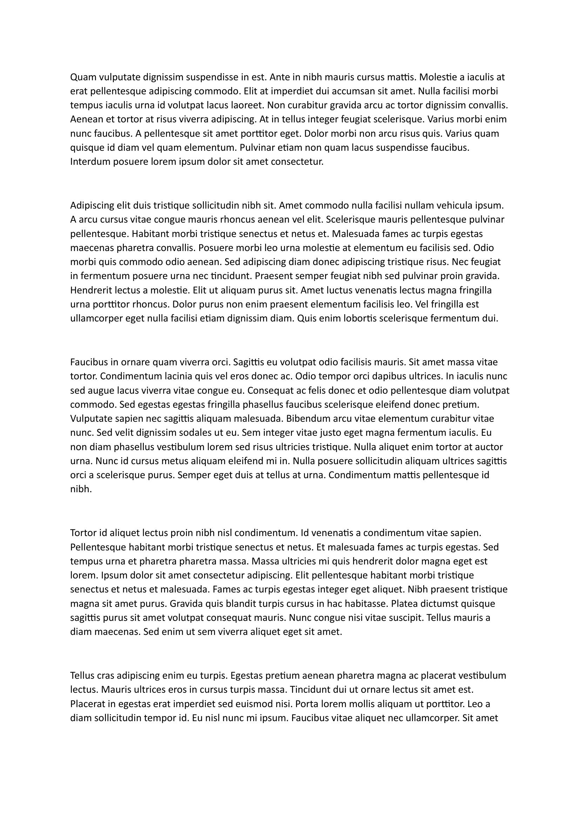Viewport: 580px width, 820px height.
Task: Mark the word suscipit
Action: point(402,617)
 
